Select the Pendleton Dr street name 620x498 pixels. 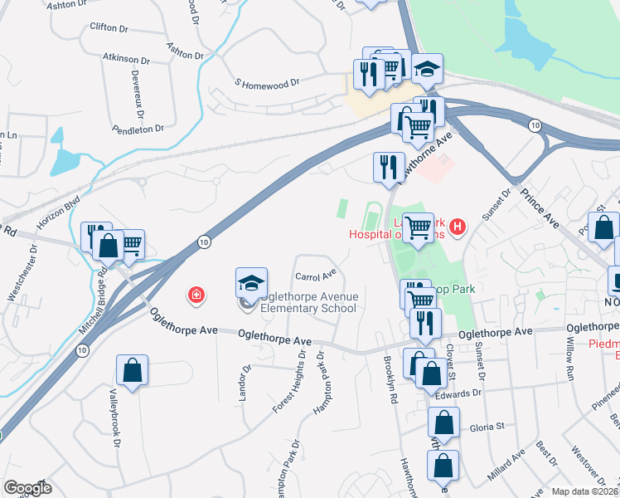tap(138, 129)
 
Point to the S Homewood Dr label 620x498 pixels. tap(267, 84)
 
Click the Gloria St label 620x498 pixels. tap(488, 427)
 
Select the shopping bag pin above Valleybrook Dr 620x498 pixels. tap(132, 373)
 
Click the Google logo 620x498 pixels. tap(27, 488)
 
